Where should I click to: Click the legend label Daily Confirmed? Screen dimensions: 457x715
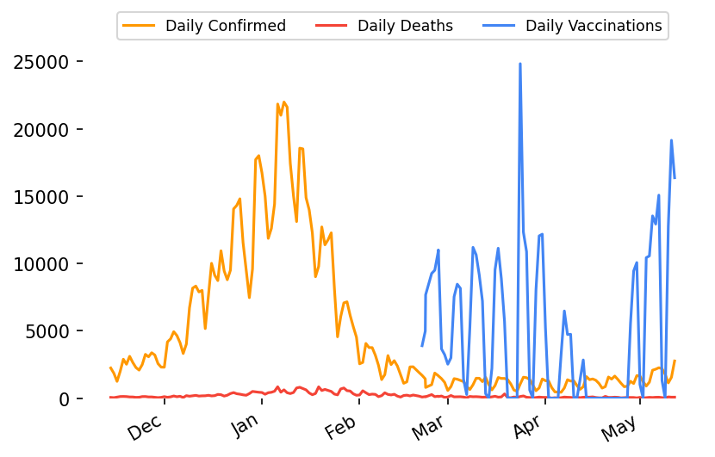(226, 26)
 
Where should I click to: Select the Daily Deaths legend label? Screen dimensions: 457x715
(405, 26)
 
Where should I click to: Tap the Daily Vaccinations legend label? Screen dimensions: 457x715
(594, 26)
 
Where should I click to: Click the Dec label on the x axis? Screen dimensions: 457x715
(144, 427)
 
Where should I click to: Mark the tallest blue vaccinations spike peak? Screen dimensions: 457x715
(520, 64)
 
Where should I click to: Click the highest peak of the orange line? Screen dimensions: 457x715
(283, 102)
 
